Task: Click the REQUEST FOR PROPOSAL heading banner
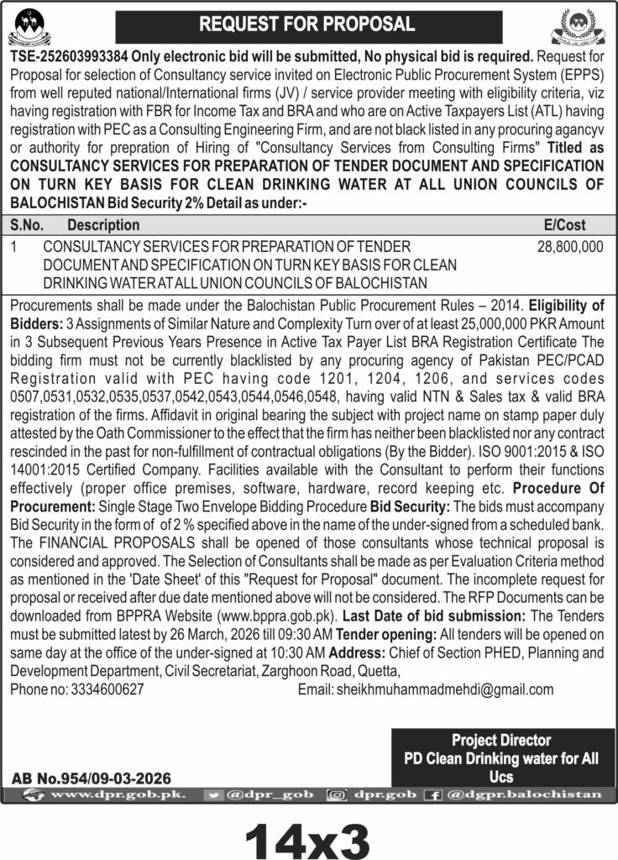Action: pos(306,24)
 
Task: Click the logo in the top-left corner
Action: pos(29,25)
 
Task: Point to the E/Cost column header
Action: pos(565,225)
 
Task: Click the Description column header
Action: pos(103,225)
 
